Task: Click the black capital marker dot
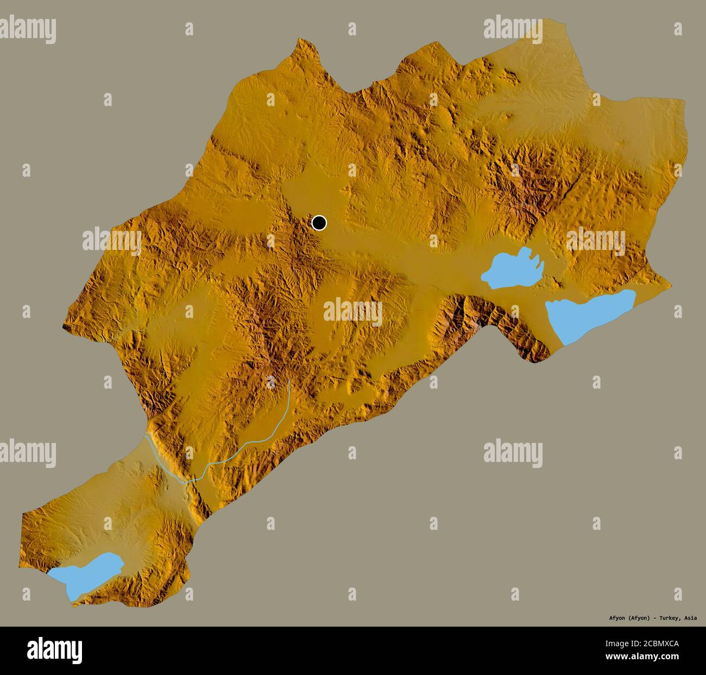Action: [x=319, y=223]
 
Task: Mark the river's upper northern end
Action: [x=289, y=380]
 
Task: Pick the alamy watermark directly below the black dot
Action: [x=353, y=311]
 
